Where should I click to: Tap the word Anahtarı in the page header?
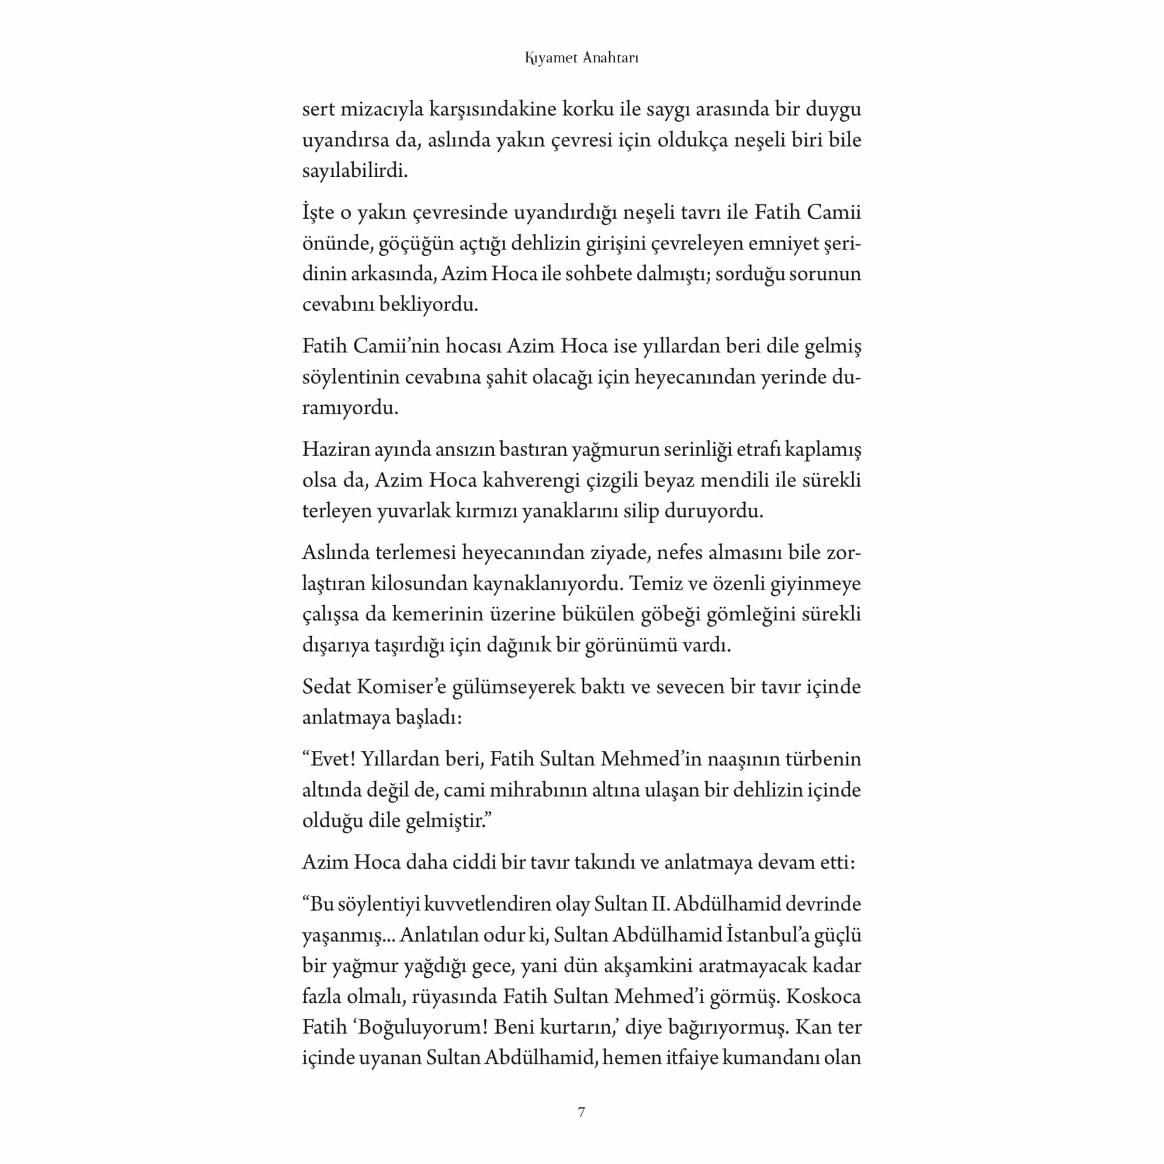click(x=611, y=58)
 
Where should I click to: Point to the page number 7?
click(x=581, y=1112)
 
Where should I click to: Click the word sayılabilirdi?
click(x=355, y=171)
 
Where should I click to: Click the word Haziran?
click(x=335, y=449)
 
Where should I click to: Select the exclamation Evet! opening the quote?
click(x=328, y=759)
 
